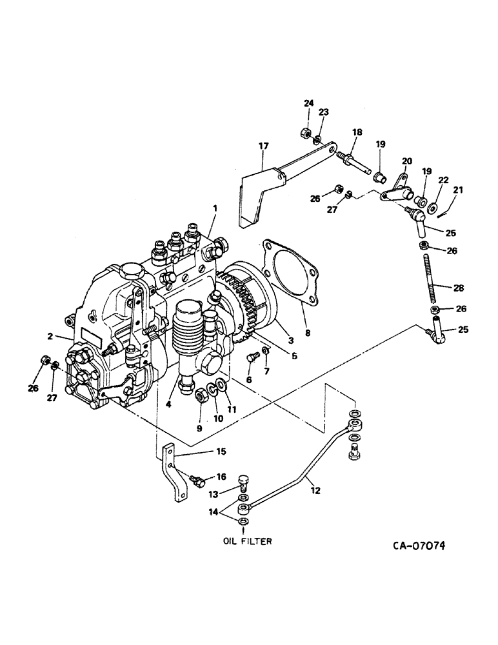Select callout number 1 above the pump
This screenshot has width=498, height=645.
pyautogui.click(x=215, y=208)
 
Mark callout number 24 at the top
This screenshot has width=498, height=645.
pyautogui.click(x=308, y=103)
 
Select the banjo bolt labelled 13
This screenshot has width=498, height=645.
pyautogui.click(x=243, y=482)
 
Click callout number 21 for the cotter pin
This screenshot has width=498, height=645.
pyautogui.click(x=458, y=190)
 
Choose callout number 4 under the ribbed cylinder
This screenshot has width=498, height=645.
pyautogui.click(x=170, y=404)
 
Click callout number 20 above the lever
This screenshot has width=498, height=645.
pyautogui.click(x=407, y=161)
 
